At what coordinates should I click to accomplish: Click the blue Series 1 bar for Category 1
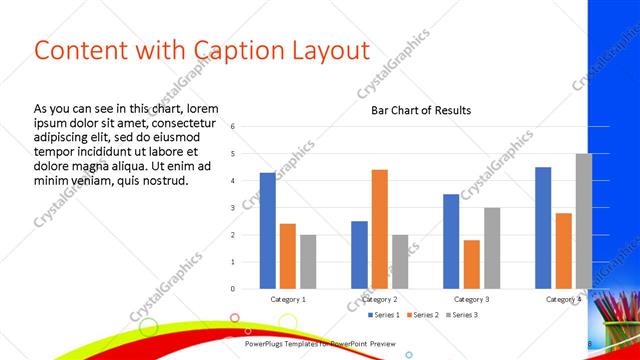(x=267, y=230)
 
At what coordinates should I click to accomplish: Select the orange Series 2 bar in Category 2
(x=379, y=229)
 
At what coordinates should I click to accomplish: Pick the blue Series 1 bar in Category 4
(x=543, y=228)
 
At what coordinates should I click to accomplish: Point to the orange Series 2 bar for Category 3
(x=471, y=264)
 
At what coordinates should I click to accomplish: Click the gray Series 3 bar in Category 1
(x=307, y=261)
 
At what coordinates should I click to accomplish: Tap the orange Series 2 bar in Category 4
(x=563, y=250)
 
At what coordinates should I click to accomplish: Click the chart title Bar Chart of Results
(x=413, y=110)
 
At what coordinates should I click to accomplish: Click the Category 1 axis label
(x=288, y=299)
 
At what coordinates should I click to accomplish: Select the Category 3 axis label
(x=471, y=299)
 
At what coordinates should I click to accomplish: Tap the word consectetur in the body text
(x=176, y=122)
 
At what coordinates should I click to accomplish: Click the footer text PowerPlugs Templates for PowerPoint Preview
(x=319, y=343)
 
